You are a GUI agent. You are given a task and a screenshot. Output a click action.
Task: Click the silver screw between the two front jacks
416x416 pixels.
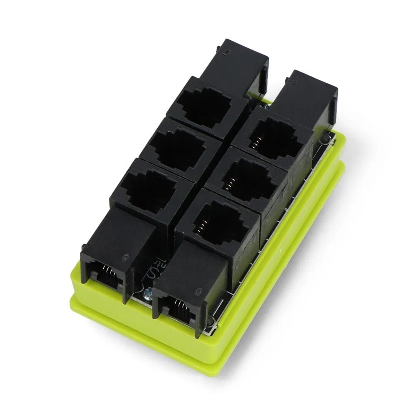(147, 295)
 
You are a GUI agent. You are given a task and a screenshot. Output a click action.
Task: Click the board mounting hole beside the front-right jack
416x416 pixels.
(212, 322)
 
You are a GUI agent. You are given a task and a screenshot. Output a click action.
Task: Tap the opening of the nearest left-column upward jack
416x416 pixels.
(148, 187)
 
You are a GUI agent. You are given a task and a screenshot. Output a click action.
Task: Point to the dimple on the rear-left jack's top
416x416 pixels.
(226, 52)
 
